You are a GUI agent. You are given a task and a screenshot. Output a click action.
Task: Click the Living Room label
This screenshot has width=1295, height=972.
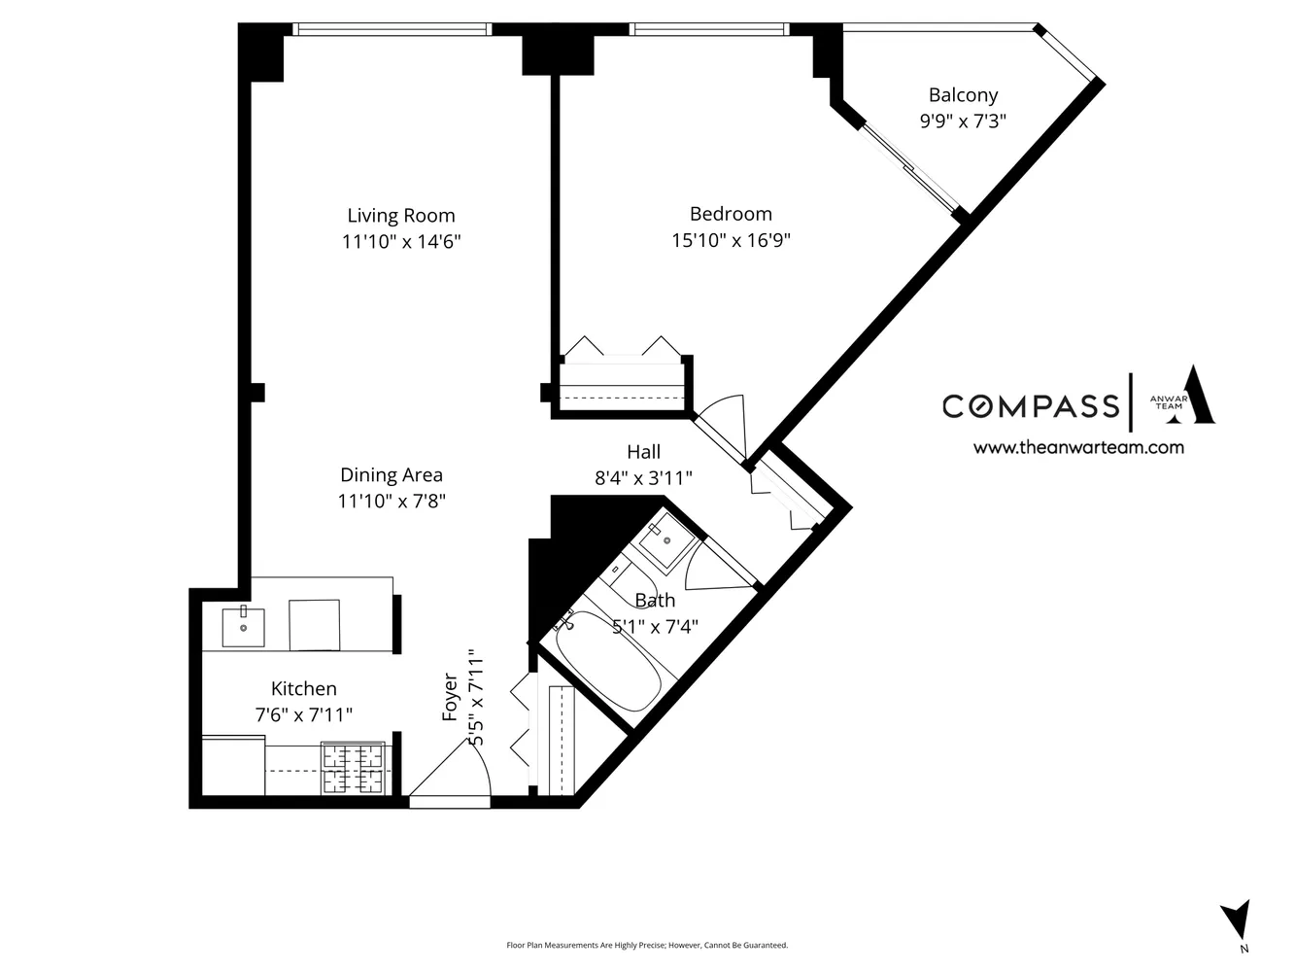[400, 216]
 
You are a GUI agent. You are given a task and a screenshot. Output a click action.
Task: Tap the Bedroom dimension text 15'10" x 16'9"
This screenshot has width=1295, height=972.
[731, 240]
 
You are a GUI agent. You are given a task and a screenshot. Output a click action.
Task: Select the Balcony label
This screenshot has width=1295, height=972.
[963, 95]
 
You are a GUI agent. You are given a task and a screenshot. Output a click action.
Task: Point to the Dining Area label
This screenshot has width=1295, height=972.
[391, 475]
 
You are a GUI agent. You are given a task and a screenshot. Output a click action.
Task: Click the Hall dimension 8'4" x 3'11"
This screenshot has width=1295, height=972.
[643, 477]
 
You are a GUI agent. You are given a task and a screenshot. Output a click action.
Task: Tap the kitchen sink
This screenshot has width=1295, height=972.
[243, 626]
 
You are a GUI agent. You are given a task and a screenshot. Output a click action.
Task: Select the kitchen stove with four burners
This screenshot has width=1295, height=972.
[354, 768]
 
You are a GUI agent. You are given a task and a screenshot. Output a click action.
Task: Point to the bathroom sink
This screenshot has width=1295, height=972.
[666, 543]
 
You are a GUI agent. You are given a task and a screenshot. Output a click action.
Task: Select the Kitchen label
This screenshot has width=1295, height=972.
[303, 689]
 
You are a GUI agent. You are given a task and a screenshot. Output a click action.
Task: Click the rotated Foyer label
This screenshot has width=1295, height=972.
[450, 697]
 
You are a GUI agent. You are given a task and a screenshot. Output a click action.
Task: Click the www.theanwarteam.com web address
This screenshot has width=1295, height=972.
[1078, 448]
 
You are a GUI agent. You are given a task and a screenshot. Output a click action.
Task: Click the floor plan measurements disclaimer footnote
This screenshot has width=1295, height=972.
[646, 945]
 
